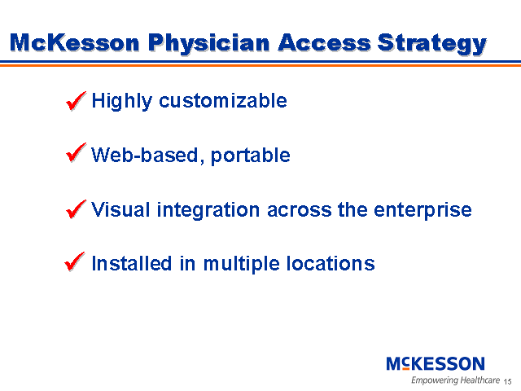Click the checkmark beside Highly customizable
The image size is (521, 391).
(x=76, y=101)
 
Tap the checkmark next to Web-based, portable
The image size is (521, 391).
(x=76, y=154)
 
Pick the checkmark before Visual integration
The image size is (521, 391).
(x=76, y=209)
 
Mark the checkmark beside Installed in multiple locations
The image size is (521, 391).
(x=76, y=262)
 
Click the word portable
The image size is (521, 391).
(x=251, y=156)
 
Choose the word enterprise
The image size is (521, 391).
(x=423, y=209)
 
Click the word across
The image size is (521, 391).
(x=299, y=209)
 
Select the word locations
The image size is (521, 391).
(x=332, y=263)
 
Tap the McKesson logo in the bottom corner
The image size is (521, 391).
(x=435, y=363)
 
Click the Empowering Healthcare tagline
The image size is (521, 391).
(x=455, y=380)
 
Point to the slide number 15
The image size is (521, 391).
(x=507, y=381)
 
